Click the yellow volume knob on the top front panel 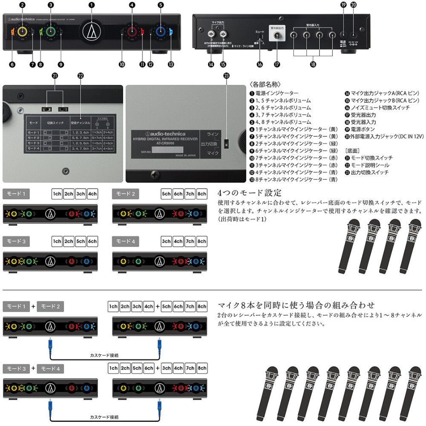click(22, 32)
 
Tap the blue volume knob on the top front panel click(160, 32)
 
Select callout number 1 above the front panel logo click(91, 5)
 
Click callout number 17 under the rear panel click(277, 64)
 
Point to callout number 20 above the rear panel click(353, 5)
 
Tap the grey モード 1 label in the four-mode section click(16, 194)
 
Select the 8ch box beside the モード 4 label click(201, 241)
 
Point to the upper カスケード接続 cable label click(104, 355)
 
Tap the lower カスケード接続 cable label click(104, 417)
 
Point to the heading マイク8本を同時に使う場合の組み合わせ click(296, 305)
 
